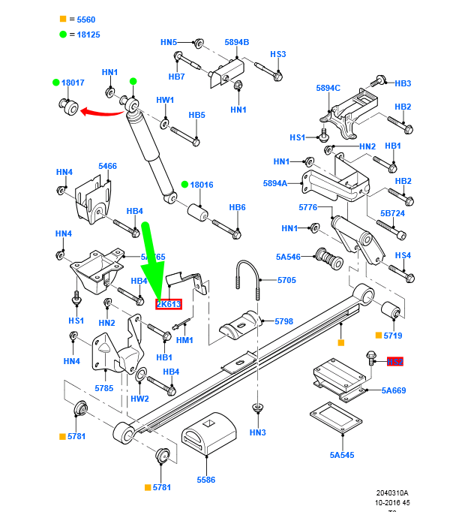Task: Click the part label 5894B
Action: click(x=236, y=42)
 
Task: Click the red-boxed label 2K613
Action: click(x=169, y=304)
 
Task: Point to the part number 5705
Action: click(x=286, y=280)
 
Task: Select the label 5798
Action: click(x=283, y=321)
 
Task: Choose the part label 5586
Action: click(x=206, y=479)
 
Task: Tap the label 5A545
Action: click(x=341, y=455)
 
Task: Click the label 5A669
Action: click(x=393, y=390)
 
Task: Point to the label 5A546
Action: click(x=287, y=257)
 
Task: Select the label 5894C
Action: click(x=328, y=88)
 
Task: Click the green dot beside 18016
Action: click(x=184, y=185)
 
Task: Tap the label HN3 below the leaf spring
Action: click(x=258, y=432)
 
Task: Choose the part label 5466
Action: click(x=107, y=166)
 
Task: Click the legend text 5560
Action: click(x=82, y=19)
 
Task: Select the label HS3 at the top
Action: click(x=278, y=54)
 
